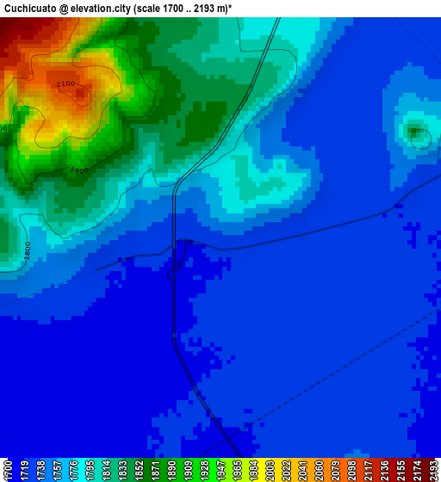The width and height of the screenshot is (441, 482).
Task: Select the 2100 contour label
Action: tap(66, 84)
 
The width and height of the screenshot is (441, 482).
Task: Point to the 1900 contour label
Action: tap(78, 170)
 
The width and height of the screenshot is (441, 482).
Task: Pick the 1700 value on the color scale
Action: tap(8, 469)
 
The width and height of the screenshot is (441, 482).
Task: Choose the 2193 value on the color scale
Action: tap(432, 469)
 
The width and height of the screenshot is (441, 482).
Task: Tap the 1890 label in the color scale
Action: tap(171, 469)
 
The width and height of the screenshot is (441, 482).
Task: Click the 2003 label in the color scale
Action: tap(270, 469)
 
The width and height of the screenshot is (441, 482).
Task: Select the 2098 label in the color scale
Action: tap(351, 469)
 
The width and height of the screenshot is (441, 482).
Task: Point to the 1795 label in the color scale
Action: tap(90, 469)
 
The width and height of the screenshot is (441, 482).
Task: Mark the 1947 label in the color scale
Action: tap(220, 469)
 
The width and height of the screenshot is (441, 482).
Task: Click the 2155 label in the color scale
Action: tap(400, 469)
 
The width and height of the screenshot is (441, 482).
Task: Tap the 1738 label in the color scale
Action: tap(40, 469)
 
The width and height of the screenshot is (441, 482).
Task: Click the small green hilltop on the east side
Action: tap(417, 133)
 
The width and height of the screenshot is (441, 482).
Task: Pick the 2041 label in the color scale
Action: tap(301, 469)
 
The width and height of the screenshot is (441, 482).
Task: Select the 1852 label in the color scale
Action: tap(139, 469)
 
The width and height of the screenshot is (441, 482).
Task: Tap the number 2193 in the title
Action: tap(207, 7)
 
